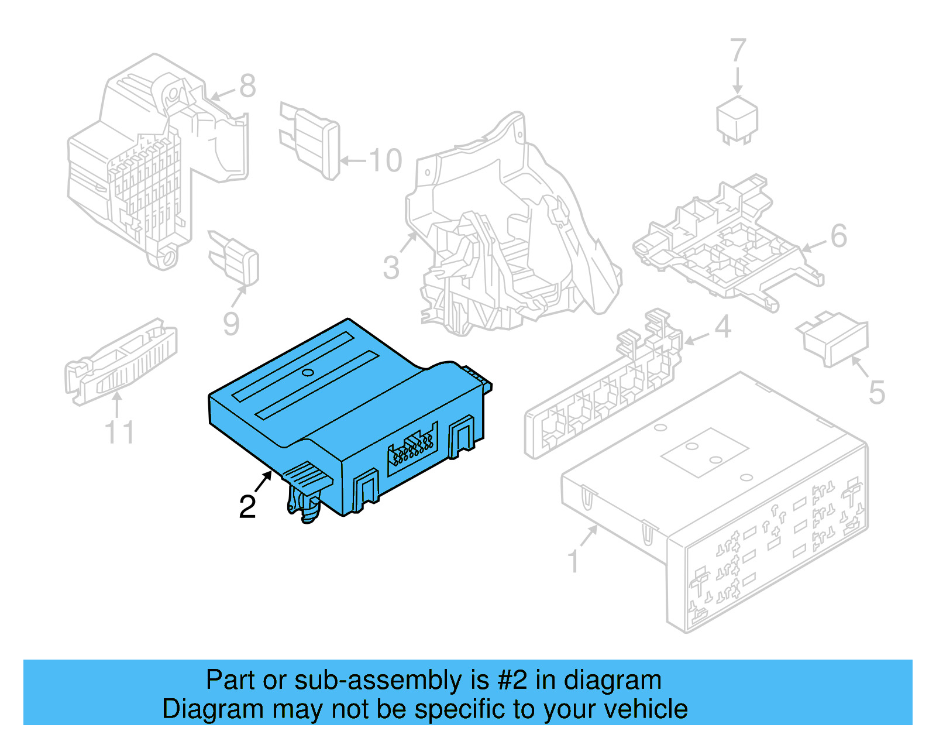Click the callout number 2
tap(247, 507)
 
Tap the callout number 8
tap(247, 86)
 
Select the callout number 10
tap(385, 160)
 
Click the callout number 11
tap(119, 433)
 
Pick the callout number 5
tap(876, 393)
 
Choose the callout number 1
tap(574, 561)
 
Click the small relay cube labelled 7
tap(738, 120)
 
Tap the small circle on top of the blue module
tap(308, 372)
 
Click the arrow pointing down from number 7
tap(738, 81)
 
